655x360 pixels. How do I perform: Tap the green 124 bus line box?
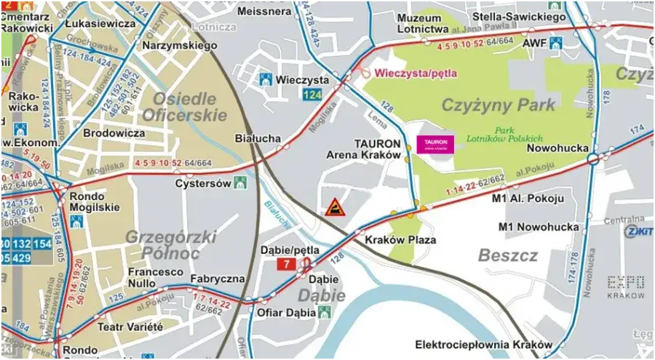coord(311,95)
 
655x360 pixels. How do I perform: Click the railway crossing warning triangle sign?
coord(335,207)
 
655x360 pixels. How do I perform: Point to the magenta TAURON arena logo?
coord(432,144)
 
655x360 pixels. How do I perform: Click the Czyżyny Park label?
coord(498,105)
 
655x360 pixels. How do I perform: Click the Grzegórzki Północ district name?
coord(162,244)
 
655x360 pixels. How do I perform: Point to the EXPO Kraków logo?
coord(626,287)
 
